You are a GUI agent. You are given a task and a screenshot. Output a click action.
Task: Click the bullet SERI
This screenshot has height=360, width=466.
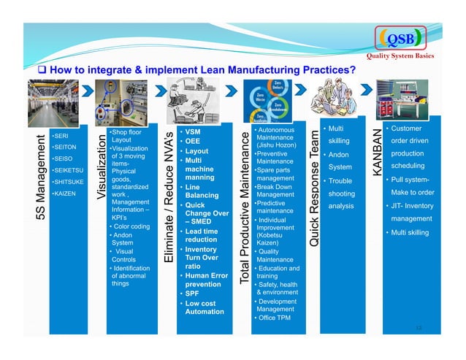pyautogui.click(x=61, y=135)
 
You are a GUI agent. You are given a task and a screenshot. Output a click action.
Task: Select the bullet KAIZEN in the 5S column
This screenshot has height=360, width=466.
pyautogui.click(x=64, y=193)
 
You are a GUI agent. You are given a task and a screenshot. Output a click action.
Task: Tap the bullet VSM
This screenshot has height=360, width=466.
pyautogui.click(x=192, y=131)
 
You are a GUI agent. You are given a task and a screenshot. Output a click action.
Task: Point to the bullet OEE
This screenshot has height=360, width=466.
pyautogui.click(x=192, y=141)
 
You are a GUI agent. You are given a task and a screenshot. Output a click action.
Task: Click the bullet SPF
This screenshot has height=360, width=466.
pyautogui.click(x=191, y=294)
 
